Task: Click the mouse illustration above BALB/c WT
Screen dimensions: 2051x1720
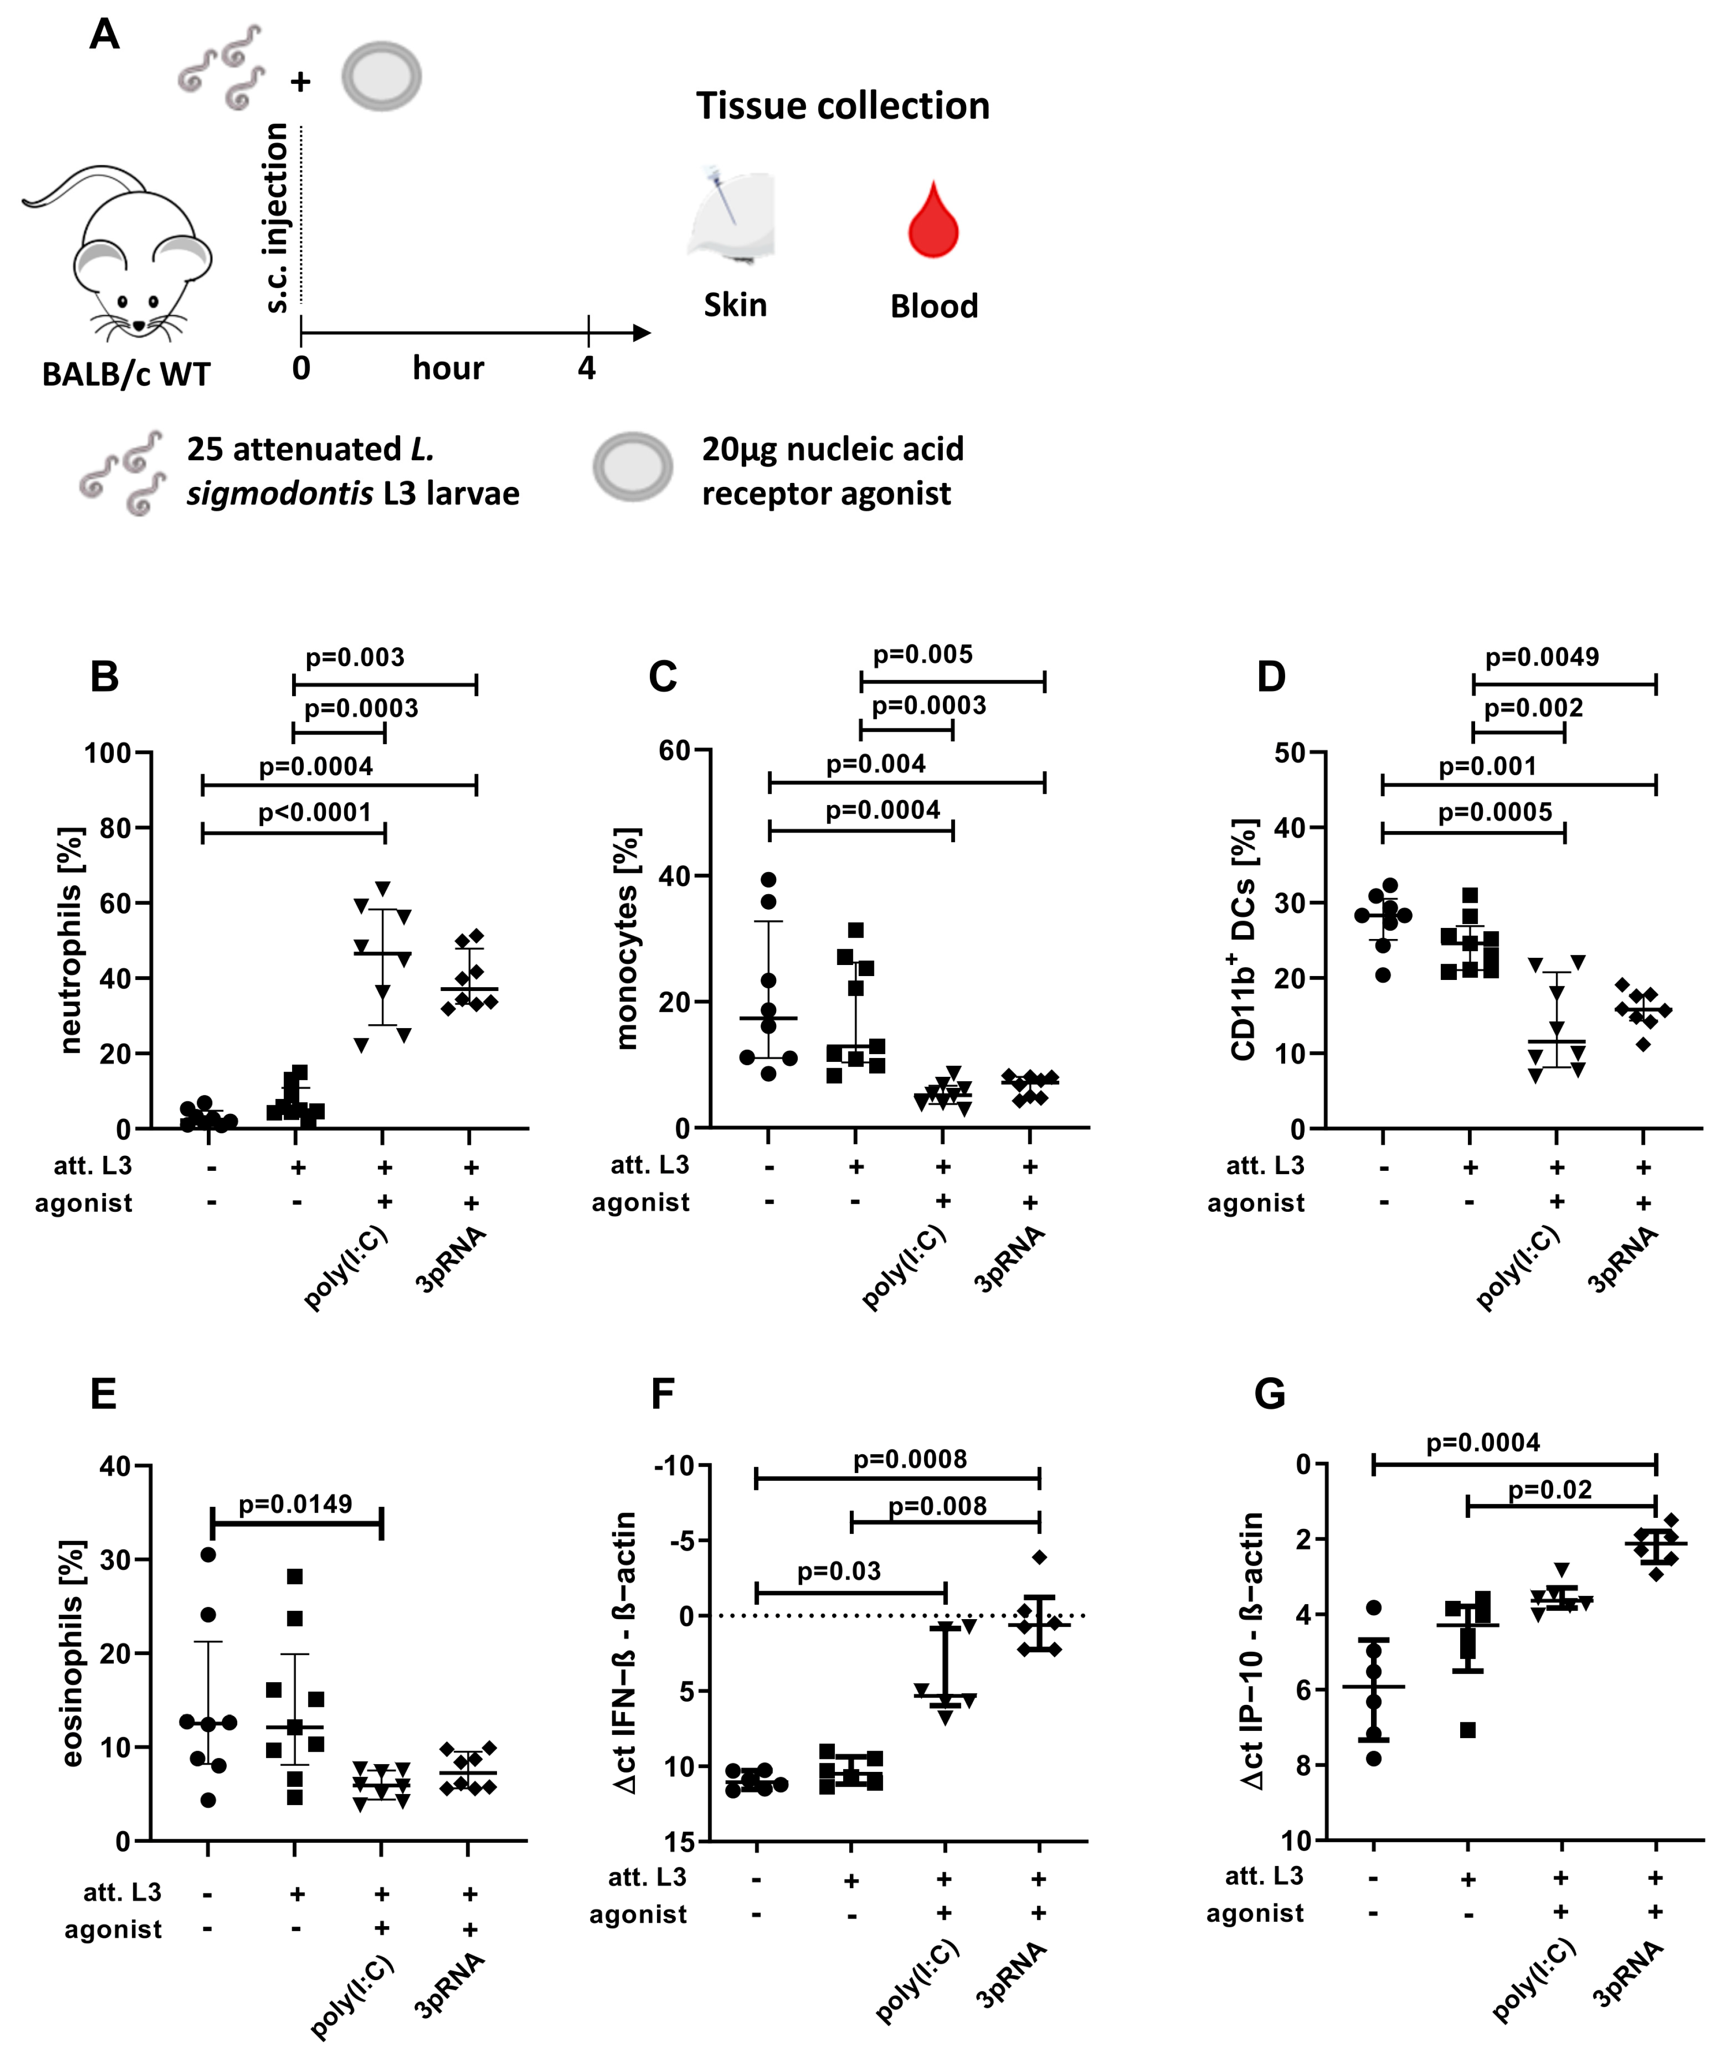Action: [x=122, y=254]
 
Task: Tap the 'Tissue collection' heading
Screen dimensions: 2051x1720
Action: [x=842, y=106]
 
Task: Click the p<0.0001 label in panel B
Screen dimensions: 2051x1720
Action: [x=314, y=812]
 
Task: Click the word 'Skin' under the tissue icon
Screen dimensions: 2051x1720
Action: [x=736, y=305]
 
